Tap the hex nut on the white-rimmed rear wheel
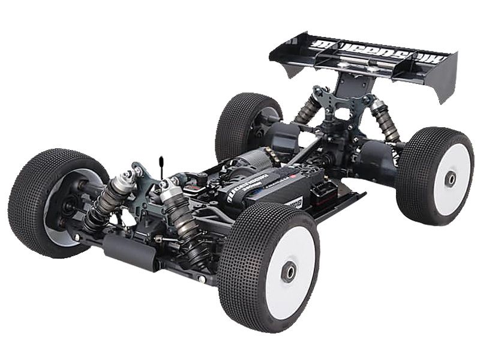click(x=449, y=178)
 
